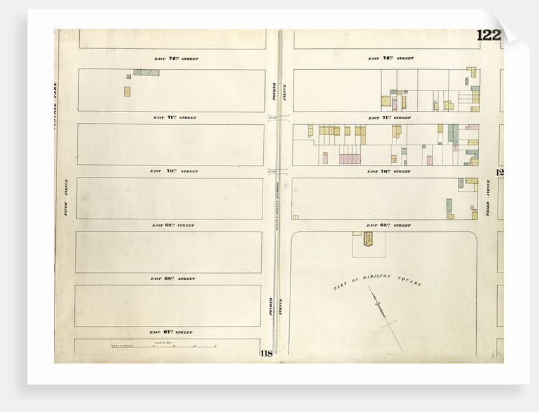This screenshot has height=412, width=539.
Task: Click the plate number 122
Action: click(x=488, y=35)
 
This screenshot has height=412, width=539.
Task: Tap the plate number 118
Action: click(x=266, y=354)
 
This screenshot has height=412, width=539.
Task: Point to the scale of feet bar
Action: click(x=164, y=346)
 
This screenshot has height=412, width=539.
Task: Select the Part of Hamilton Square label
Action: click(x=377, y=283)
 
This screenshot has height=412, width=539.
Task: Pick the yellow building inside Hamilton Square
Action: click(x=367, y=238)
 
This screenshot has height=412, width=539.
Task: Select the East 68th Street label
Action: click(x=173, y=279)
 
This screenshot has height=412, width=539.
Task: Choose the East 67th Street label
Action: click(x=171, y=332)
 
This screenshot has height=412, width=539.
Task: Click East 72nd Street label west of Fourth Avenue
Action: click(x=176, y=59)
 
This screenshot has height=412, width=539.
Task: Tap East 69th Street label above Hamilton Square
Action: click(x=389, y=226)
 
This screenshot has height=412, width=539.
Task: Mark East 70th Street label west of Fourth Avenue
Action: click(x=174, y=171)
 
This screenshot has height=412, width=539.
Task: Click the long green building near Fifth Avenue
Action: click(x=146, y=73)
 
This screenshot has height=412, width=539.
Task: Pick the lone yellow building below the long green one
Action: click(x=127, y=91)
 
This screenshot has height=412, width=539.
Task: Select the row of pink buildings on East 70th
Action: click(x=349, y=158)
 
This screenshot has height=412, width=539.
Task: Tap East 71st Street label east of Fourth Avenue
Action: click(x=389, y=118)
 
